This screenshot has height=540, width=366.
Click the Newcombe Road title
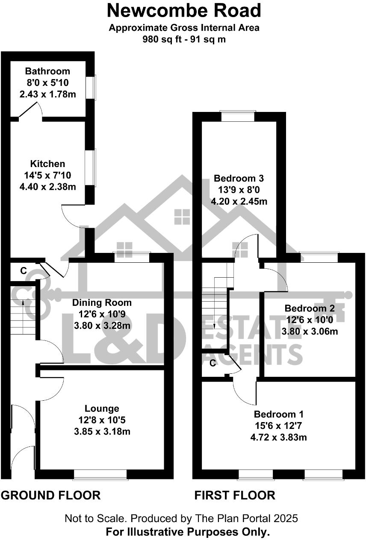(184, 10)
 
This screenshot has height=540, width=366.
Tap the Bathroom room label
(47, 71)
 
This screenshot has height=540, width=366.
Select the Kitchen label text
(47, 164)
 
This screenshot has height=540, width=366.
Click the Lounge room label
(102, 409)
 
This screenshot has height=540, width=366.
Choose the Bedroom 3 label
(239, 178)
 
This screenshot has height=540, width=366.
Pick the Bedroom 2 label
(310, 308)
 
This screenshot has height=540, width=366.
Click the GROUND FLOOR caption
(50, 496)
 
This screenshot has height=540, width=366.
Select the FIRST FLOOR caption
(235, 496)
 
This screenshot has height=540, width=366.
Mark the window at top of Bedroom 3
(238, 116)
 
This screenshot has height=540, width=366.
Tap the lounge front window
(100, 474)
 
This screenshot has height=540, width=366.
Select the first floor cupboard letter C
(213, 363)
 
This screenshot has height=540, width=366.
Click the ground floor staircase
(23, 318)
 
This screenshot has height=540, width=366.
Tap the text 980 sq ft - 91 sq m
(184, 40)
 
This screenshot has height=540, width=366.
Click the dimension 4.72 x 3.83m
(278, 437)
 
